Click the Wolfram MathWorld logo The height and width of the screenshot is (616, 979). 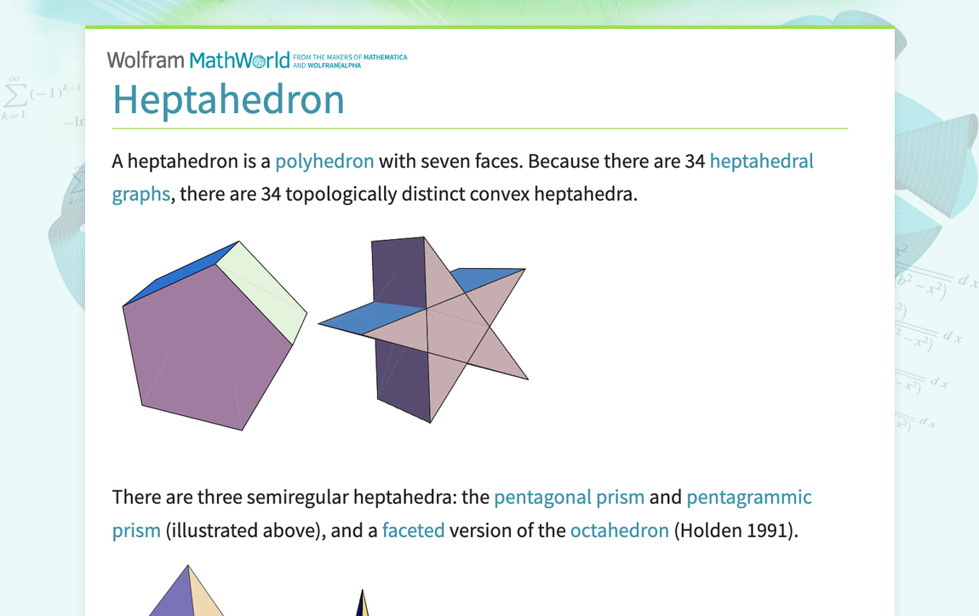[x=198, y=60]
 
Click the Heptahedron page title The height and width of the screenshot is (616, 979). [x=228, y=100]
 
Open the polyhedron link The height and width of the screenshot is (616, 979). [x=324, y=161]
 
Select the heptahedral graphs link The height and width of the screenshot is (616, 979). [x=760, y=161]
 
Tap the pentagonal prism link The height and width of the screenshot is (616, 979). [x=569, y=497]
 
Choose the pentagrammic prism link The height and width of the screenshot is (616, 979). [x=748, y=497]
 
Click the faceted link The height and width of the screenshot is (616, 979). [x=413, y=530]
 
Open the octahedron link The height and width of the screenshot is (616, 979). [x=619, y=530]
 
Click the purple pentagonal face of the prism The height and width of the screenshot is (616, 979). [x=204, y=349]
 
